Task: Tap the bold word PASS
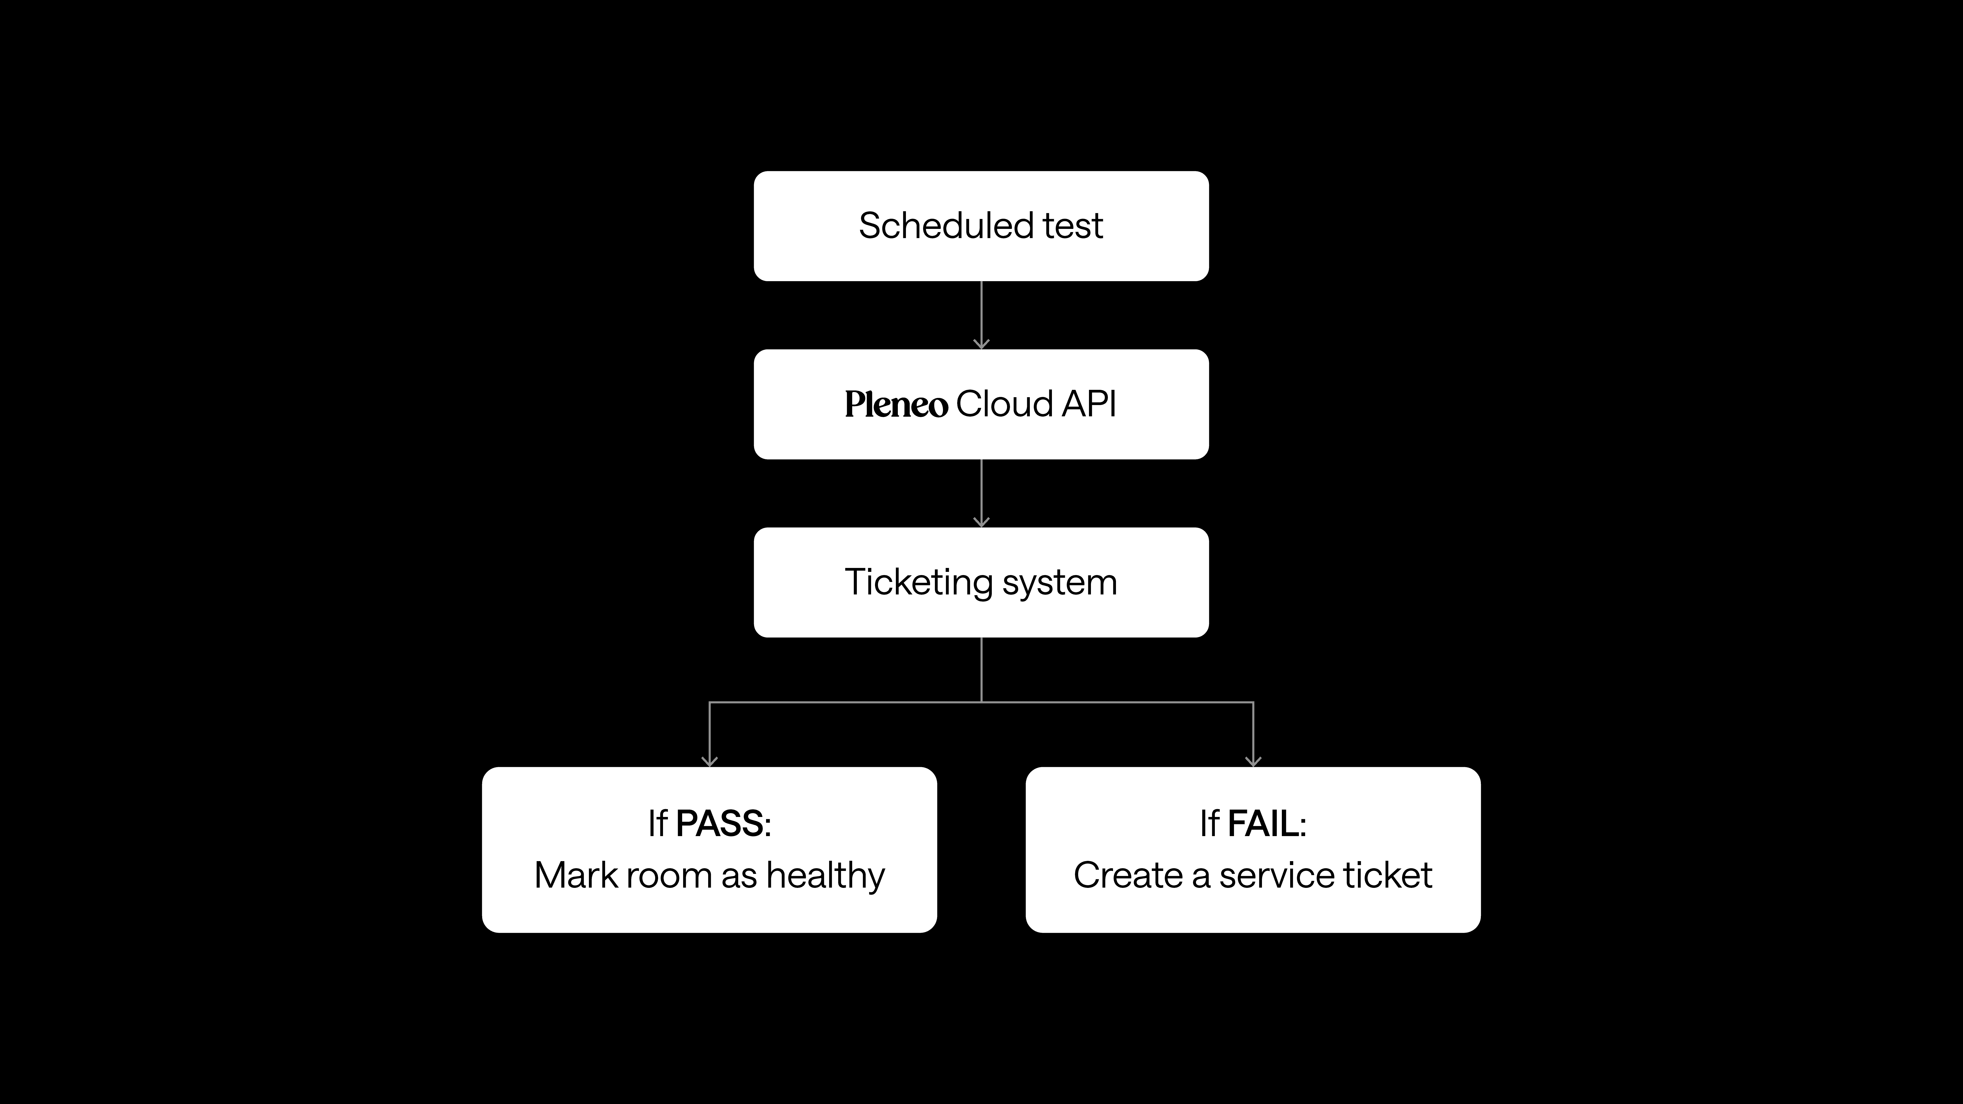pos(719,824)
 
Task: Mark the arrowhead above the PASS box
pos(709,761)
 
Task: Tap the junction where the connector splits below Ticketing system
pos(981,702)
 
